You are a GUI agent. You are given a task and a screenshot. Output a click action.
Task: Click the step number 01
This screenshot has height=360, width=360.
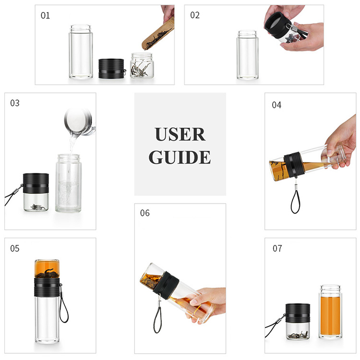point(45,15)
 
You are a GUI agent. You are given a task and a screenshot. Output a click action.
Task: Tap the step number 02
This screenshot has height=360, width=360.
point(195,15)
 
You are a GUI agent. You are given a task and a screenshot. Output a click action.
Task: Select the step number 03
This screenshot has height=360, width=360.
point(15,103)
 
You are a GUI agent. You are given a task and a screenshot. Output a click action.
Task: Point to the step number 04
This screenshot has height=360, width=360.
point(276,105)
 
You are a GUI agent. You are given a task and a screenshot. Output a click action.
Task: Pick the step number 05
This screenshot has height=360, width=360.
point(15,248)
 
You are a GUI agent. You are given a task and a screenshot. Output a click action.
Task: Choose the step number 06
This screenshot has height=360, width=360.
point(145,213)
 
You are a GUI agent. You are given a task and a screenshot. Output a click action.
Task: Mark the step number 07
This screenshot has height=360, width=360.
point(276,248)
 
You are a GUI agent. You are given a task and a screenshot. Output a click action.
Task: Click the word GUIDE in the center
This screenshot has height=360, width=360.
point(180,157)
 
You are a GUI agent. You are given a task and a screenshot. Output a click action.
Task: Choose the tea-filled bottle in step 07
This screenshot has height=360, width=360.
point(330,312)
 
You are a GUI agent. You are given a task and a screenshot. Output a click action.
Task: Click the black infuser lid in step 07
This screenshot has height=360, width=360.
point(296,314)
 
